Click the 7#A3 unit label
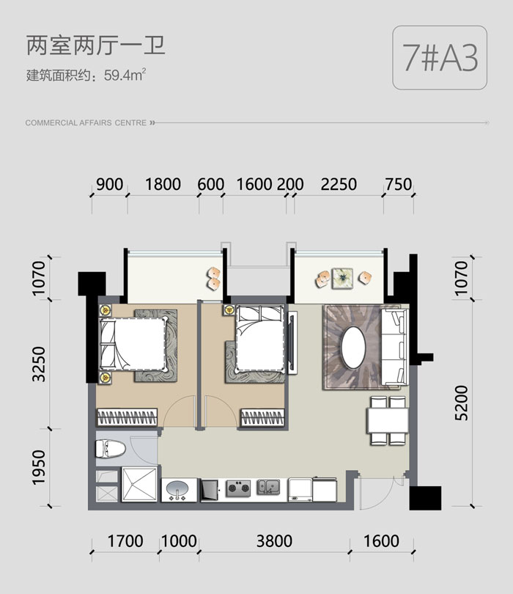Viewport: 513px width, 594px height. pos(440,58)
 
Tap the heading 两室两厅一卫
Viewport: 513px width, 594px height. pos(96,45)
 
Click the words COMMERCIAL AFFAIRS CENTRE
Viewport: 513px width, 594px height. pos(86,122)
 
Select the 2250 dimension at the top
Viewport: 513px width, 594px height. pos(339,185)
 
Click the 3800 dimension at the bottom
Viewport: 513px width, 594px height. pos(274,541)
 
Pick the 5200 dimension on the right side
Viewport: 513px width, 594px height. pos(462,403)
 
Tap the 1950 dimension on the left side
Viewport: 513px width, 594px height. pos(39,467)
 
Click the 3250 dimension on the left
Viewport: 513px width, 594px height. pos(39,364)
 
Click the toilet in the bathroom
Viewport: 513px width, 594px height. pos(111,449)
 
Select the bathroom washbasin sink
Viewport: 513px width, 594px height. pos(177,490)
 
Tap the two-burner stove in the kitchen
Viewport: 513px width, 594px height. pos(238,488)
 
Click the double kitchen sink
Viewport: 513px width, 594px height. pos(268,487)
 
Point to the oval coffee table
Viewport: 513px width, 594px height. pos(353,348)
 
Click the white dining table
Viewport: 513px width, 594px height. pos(387,420)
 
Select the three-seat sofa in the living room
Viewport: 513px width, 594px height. pos(394,347)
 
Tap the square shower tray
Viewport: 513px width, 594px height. pos(139,484)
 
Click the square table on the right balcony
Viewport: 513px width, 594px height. pos(342,279)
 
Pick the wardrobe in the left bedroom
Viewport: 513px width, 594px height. pos(128,417)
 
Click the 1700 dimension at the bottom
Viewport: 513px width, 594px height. pos(125,541)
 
